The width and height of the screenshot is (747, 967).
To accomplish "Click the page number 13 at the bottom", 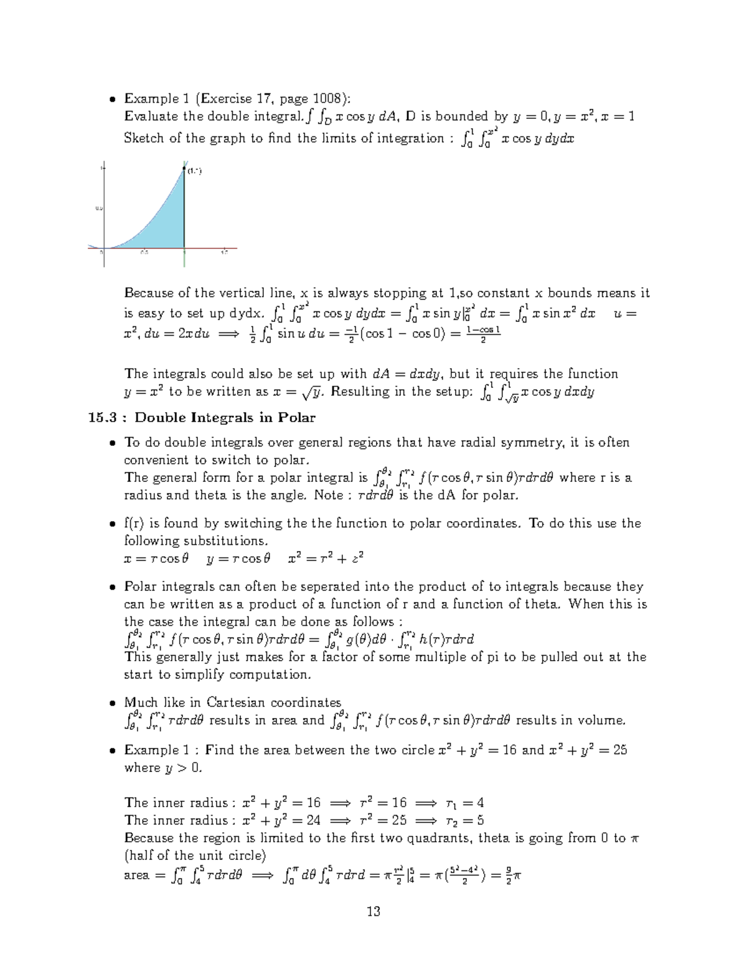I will click(x=374, y=912).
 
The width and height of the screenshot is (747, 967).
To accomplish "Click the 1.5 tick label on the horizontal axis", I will click(x=224, y=252).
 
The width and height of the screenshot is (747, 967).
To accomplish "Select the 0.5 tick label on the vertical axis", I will click(x=98, y=209).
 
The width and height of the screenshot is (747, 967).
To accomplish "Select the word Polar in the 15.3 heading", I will click(x=298, y=417).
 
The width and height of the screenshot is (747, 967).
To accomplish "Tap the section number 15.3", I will click(x=102, y=417).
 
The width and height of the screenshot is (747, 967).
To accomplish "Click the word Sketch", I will click(x=144, y=138).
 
